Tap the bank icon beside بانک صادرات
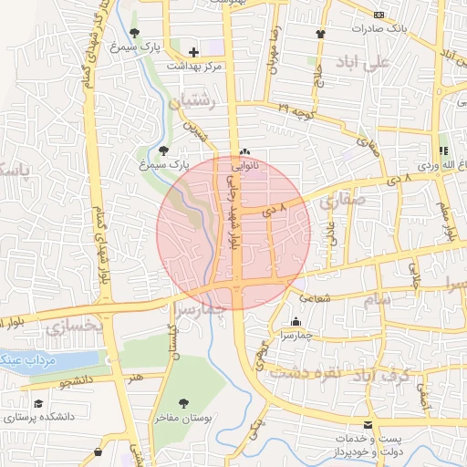tap(379, 14)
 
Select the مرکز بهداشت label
tap(195, 67)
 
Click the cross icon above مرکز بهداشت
tap(193, 52)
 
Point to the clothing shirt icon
tap(320, 35)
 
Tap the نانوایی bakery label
tap(243, 167)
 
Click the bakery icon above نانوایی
tap(244, 152)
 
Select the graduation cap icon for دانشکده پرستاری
tap(38, 403)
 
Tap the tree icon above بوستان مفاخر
tap(185, 402)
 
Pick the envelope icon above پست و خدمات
tap(368, 426)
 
